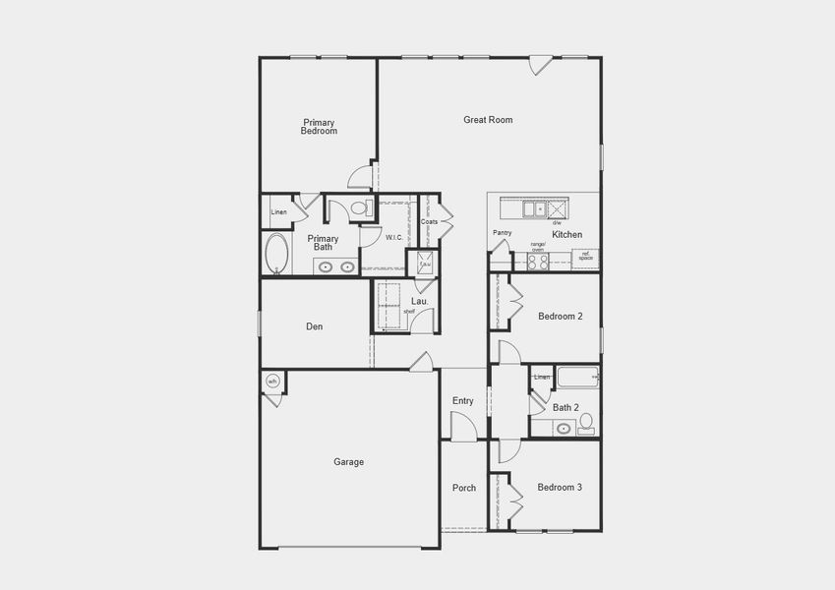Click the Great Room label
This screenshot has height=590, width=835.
click(x=488, y=120)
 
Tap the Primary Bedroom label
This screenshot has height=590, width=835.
click(x=319, y=126)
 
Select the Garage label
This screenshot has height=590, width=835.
click(x=348, y=461)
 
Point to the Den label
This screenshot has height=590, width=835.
click(x=314, y=326)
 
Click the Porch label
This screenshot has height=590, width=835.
click(x=464, y=488)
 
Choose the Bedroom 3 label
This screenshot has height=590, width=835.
click(x=560, y=487)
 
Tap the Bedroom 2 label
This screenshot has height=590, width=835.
click(x=561, y=317)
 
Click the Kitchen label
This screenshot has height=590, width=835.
click(x=567, y=235)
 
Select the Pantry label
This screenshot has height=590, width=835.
click(x=503, y=233)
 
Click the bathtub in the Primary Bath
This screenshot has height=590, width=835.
click(x=276, y=254)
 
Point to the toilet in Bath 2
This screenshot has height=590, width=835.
click(x=587, y=423)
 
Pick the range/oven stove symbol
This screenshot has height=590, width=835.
click(x=538, y=263)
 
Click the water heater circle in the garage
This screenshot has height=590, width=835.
click(x=272, y=382)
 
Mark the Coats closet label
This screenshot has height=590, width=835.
click(x=429, y=221)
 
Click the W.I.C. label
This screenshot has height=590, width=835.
click(x=393, y=237)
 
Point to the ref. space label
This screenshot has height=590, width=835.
click(x=585, y=256)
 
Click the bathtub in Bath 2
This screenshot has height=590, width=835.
click(x=577, y=378)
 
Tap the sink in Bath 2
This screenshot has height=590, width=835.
click(x=564, y=428)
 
